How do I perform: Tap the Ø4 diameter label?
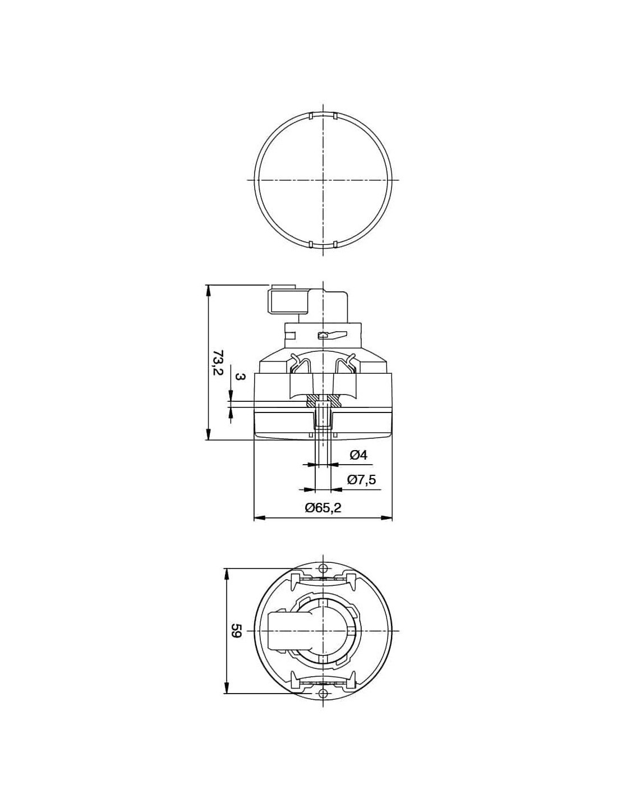click(358, 455)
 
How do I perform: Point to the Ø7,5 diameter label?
click(362, 479)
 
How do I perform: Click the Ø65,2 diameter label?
click(323, 508)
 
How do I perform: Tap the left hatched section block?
click(312, 399)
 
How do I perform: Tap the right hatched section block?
click(334, 399)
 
